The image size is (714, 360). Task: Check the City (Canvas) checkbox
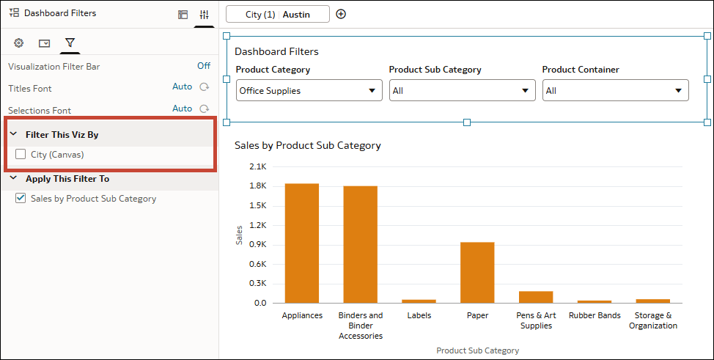point(21,155)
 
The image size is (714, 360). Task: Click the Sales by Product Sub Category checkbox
point(21,199)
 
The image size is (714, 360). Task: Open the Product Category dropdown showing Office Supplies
point(309,91)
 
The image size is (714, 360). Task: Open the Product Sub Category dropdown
point(462,91)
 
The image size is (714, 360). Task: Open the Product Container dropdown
point(615,91)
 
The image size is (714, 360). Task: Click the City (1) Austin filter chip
point(278,15)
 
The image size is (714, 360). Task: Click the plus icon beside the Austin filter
point(341,15)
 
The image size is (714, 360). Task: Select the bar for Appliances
point(302,243)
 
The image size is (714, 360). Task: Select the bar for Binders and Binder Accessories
point(360,244)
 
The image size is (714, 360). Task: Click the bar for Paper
point(477,272)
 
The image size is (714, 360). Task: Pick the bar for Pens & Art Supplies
point(536,297)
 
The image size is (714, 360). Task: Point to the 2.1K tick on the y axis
point(257,166)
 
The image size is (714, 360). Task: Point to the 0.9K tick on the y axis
point(257,244)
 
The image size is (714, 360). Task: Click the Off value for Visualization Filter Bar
point(204,66)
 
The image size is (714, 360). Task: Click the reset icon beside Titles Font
point(205,87)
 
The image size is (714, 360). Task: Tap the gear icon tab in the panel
point(19,43)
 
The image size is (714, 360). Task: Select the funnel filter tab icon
point(70,43)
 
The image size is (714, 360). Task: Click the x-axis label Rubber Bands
point(595,316)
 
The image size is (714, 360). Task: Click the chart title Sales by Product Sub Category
point(308,145)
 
